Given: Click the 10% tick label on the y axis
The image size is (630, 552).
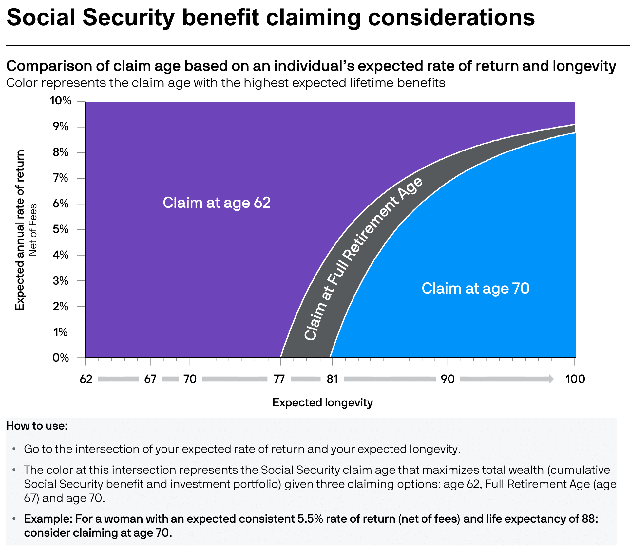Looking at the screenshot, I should pyautogui.click(x=60, y=100).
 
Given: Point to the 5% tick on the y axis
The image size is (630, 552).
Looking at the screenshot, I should pyautogui.click(x=61, y=229).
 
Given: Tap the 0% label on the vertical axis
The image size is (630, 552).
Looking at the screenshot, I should pyautogui.click(x=61, y=358).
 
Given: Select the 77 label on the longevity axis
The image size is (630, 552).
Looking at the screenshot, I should pyautogui.click(x=279, y=379).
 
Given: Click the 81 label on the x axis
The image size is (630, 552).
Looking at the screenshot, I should pyautogui.click(x=332, y=379).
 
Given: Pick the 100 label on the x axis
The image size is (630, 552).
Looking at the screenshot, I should pyautogui.click(x=575, y=379).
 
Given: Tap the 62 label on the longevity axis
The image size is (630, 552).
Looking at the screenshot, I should pyautogui.click(x=86, y=379).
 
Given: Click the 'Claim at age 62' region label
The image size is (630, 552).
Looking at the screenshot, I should pyautogui.click(x=217, y=203).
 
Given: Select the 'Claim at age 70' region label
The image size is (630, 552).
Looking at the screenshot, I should pyautogui.click(x=475, y=288).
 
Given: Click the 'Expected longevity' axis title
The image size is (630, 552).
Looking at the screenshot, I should pyautogui.click(x=322, y=402).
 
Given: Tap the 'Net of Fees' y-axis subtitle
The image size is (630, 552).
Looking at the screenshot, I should pyautogui.click(x=33, y=230).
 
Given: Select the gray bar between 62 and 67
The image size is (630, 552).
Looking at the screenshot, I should pyautogui.click(x=118, y=379).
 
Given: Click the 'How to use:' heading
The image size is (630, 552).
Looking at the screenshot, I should pyautogui.click(x=37, y=426).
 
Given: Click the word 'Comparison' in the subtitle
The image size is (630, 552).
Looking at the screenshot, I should pyautogui.click(x=49, y=66).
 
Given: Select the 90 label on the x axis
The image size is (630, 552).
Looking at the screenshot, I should pyautogui.click(x=448, y=379).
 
